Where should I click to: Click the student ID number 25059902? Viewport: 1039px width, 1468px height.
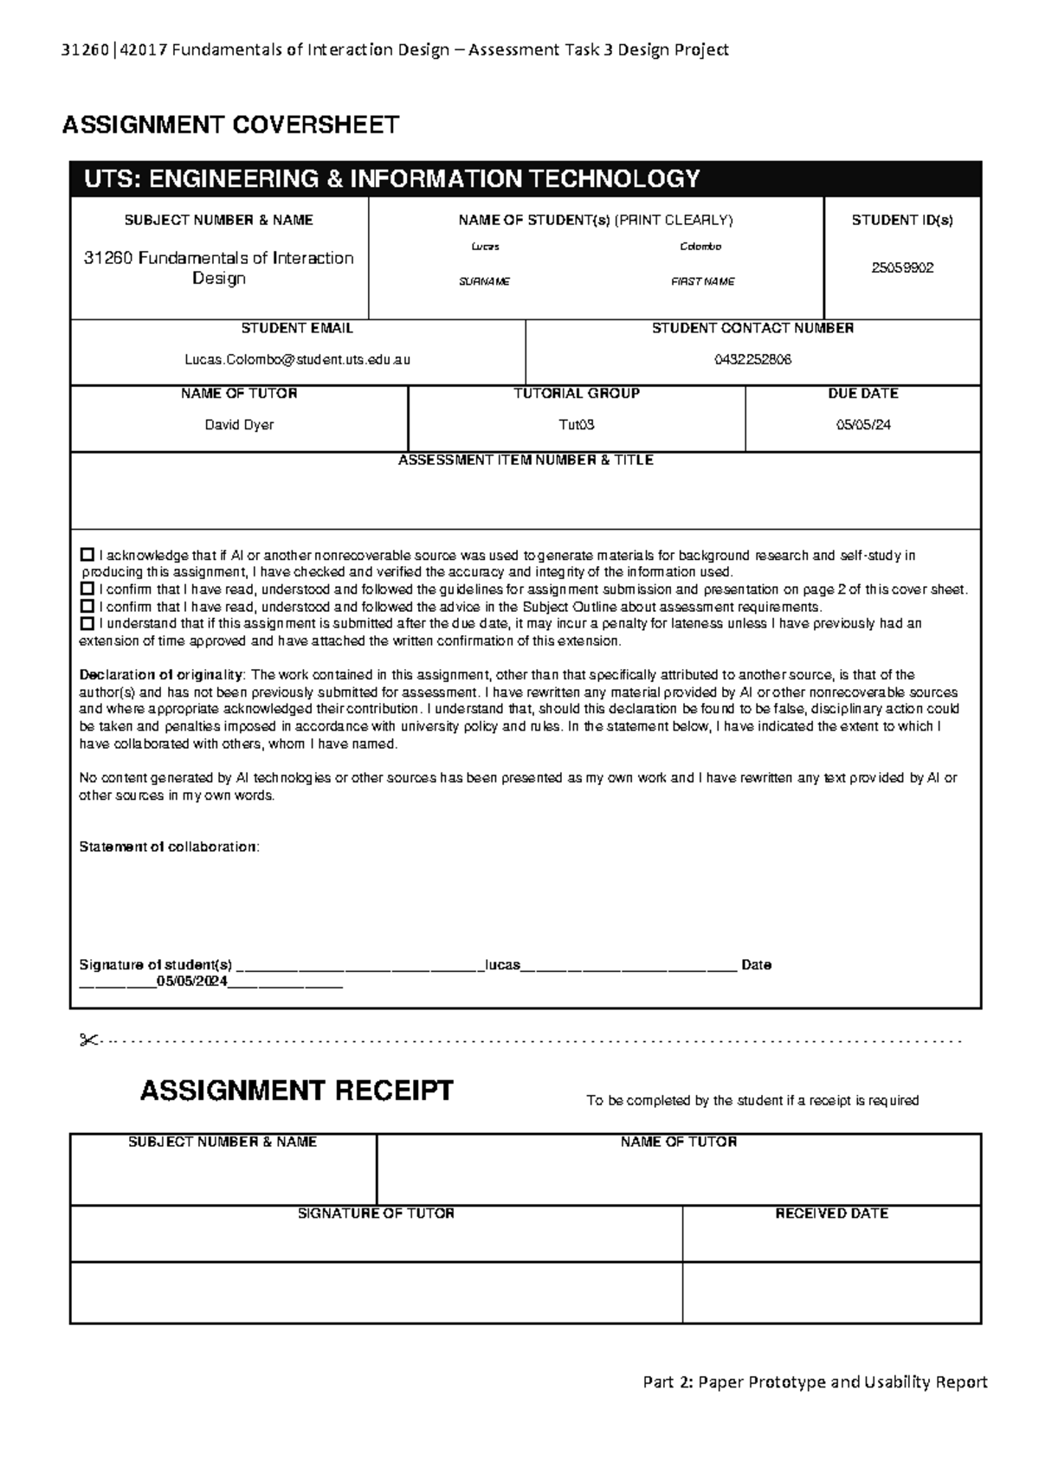point(902,268)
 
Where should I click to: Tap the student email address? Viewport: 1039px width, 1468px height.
point(297,360)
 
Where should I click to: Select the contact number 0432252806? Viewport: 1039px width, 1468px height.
point(752,360)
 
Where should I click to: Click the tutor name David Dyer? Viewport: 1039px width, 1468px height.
point(239,425)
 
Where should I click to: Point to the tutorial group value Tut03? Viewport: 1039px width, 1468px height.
point(577,425)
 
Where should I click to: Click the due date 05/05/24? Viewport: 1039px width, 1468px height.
point(862,425)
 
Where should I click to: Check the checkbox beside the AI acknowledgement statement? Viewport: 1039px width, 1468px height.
point(87,555)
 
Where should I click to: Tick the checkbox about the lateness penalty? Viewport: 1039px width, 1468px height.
point(87,623)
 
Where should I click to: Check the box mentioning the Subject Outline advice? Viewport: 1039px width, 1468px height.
point(87,607)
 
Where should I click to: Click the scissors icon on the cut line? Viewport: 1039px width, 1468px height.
point(87,1040)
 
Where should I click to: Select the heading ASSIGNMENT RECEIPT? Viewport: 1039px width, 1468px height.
point(296,1091)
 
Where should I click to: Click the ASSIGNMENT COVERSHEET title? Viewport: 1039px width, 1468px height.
point(230,126)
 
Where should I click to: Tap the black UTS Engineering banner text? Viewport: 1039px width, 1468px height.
point(391,179)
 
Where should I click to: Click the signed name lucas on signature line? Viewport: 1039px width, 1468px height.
point(502,965)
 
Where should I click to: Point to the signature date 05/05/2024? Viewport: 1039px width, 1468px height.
point(191,982)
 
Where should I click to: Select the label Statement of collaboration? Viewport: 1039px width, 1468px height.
point(169,847)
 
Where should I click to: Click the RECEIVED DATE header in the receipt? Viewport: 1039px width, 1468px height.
point(831,1214)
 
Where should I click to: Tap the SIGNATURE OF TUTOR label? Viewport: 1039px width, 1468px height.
point(376,1214)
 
